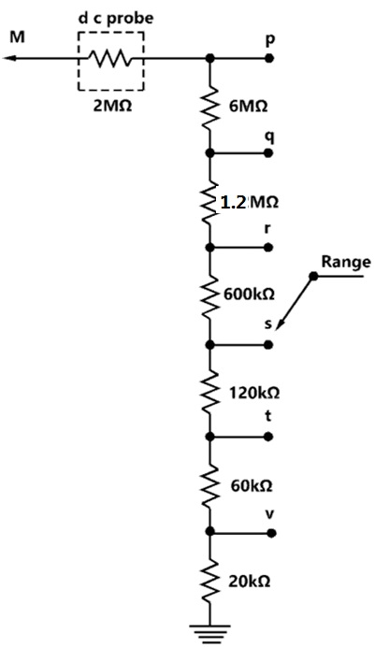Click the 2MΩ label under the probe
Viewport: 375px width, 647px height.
[x=112, y=106]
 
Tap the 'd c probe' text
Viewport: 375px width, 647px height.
[x=116, y=19]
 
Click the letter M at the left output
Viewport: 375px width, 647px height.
[x=18, y=37]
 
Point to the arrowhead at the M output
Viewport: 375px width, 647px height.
[x=10, y=59]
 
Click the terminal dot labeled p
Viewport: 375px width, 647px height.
[x=269, y=58]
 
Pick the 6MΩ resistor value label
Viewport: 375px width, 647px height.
[x=249, y=107]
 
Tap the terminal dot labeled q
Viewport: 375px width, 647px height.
[x=268, y=153]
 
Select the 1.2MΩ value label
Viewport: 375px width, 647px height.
[x=249, y=203]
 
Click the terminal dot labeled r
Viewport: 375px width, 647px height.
[x=268, y=248]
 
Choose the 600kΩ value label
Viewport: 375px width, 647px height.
[x=249, y=295]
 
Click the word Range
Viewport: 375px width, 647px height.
[x=346, y=262]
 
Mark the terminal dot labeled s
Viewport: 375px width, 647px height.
[x=268, y=345]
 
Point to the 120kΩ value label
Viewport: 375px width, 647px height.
[x=254, y=394]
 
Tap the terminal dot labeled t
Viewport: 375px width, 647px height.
[x=268, y=437]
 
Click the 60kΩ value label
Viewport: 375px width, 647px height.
[x=252, y=486]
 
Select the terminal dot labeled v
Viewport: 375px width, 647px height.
[x=271, y=533]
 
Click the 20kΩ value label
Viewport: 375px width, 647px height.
[x=250, y=582]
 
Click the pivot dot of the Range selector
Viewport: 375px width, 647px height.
[x=313, y=276]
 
